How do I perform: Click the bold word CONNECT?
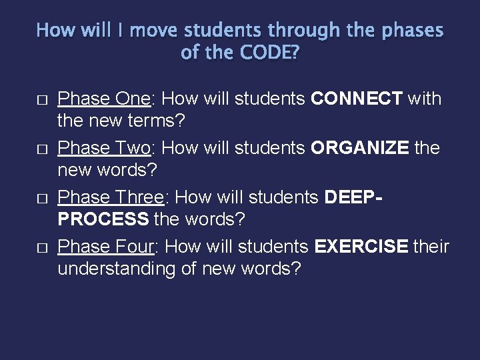click(x=356, y=99)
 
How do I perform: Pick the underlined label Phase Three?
click(x=111, y=197)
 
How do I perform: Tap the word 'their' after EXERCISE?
click(x=431, y=247)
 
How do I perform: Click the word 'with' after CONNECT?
click(x=424, y=99)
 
